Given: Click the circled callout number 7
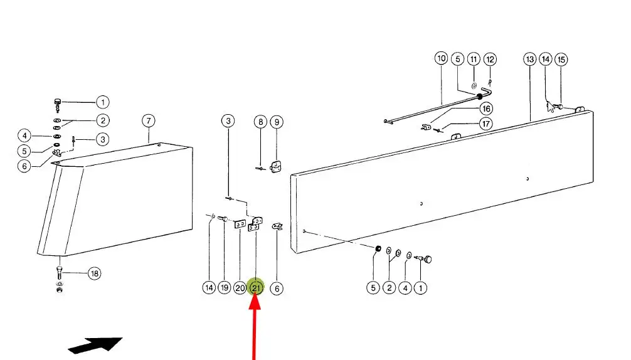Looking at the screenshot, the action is pos(148,120).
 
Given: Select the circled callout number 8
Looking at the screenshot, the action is pos(260,122).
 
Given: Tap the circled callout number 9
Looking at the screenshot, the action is pos(277,122).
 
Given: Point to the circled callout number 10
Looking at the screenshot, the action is pos(442,58).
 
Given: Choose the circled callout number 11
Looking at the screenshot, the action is pos(474,59).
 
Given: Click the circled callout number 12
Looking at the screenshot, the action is pos(490,60).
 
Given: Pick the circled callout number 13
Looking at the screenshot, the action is pos(530,59).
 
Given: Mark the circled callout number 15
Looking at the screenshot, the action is pos(561,60).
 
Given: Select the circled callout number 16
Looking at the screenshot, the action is pos(486,109).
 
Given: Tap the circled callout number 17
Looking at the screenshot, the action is pos(486,124).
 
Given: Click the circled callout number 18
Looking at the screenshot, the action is pos(94,273).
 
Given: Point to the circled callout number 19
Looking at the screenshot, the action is pos(225,288).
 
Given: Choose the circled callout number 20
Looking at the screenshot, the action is pos(240,288).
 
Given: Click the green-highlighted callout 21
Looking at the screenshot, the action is pos(256,288).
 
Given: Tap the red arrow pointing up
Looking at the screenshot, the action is pos(255,326).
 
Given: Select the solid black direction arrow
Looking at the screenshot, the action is pos(95,346).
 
